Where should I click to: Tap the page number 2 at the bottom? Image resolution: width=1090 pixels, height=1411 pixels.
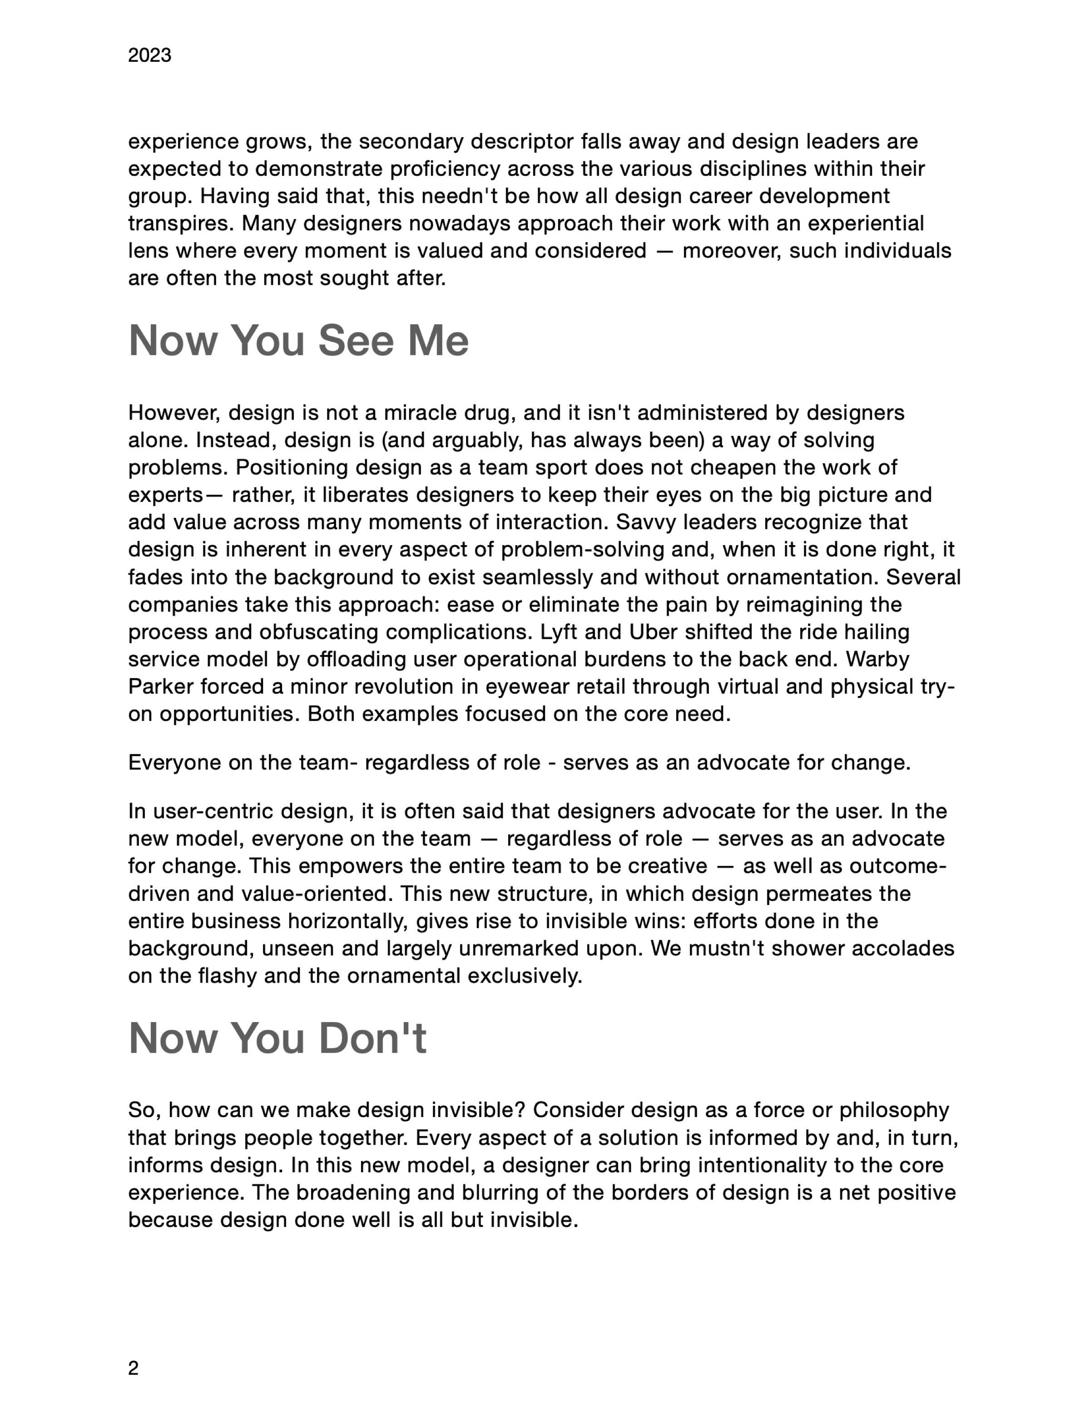(133, 1368)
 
